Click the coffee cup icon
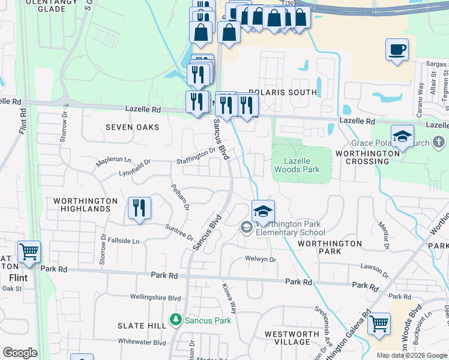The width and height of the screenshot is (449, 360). pos(397,50)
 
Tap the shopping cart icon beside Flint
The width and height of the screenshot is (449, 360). pos(29,252)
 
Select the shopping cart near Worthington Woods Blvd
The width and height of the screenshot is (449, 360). pos(379,324)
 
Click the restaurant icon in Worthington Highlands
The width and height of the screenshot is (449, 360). pos(139,208)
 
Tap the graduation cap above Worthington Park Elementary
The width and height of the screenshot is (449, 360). pos(263,211)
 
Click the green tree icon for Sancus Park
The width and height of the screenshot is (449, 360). pos(176,320)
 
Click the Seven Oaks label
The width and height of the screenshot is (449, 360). pos(133,127)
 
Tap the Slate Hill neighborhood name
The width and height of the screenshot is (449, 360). pos(142,325)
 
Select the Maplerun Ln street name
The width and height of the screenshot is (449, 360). pos(113,161)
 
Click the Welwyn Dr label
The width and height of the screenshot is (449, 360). pos(260,259)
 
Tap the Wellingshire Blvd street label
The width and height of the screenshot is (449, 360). pos(156,297)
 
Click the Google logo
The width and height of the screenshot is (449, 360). pos(20,353)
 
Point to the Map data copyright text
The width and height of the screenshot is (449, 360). pos(412,355)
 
